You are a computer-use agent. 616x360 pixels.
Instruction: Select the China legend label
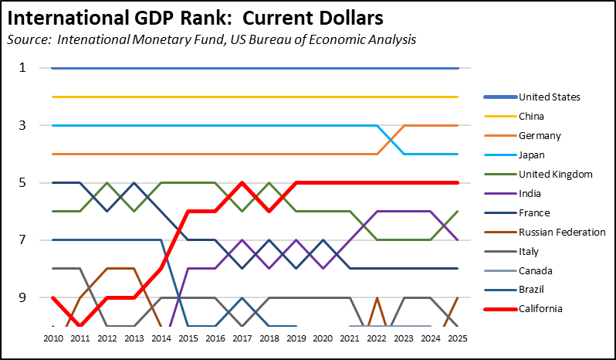(531, 117)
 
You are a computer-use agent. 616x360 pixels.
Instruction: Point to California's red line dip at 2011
(80, 325)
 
